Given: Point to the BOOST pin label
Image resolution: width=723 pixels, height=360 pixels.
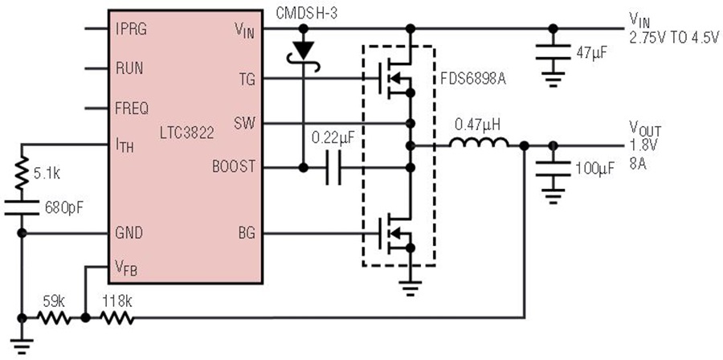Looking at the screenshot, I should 233,167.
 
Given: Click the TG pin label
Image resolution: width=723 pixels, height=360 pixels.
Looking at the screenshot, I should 246,79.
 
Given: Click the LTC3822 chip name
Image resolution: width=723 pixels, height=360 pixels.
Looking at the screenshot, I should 187,133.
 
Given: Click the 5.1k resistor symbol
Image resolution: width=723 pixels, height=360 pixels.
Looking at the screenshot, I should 22,172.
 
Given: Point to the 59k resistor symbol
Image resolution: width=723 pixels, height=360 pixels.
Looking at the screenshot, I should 53,318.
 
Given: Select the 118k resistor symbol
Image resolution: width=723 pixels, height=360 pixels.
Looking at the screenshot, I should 116,318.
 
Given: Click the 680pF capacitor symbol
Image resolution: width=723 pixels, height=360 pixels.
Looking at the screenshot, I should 22,206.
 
